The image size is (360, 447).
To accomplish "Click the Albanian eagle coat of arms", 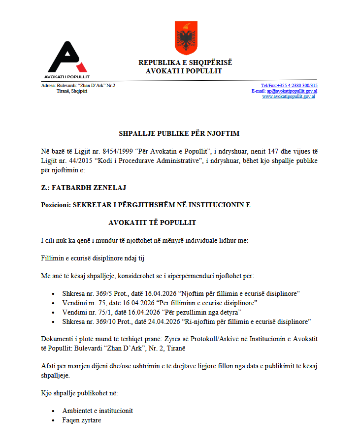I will (186, 38).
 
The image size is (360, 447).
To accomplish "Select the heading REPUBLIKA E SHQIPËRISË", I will (185, 63).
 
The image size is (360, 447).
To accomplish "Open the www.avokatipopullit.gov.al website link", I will (289, 96).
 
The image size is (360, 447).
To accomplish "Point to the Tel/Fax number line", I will (289, 86).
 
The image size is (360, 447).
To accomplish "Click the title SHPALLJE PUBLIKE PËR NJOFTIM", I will (179, 133).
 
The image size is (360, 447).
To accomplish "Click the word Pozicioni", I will (55, 205).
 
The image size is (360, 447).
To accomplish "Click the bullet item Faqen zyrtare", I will (81, 420).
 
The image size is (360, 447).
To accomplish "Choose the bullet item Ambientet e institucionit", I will (98, 411).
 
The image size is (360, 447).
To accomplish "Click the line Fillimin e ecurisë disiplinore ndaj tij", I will (93, 258).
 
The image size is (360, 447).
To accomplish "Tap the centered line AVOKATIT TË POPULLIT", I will (152, 223).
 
